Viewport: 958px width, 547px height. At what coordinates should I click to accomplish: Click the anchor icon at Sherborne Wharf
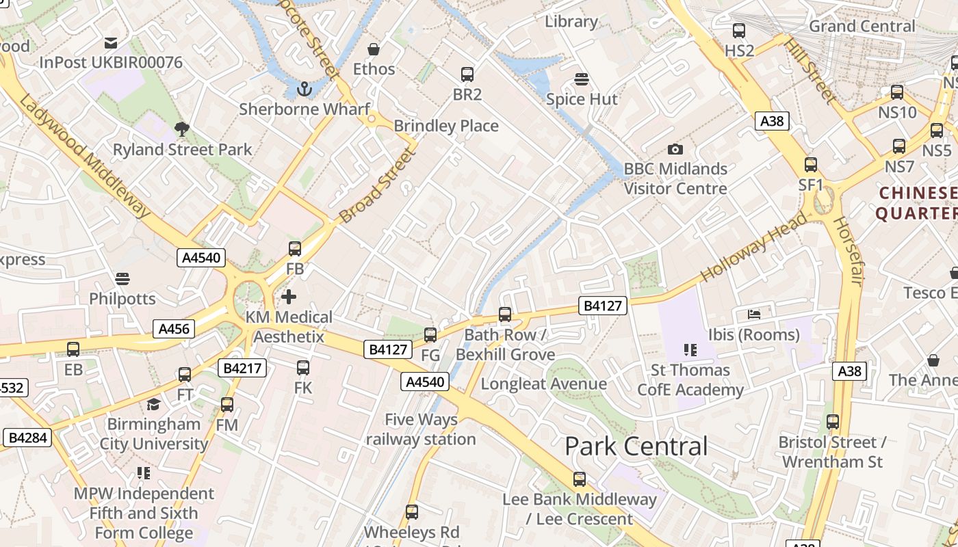tap(304, 89)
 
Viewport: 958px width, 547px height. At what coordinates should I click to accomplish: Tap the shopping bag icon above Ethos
tap(374, 49)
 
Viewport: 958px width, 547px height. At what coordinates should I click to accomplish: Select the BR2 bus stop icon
tap(467, 75)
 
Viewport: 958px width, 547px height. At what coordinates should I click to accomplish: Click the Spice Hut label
tap(582, 99)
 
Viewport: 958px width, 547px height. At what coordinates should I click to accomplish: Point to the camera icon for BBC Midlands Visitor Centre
tap(675, 149)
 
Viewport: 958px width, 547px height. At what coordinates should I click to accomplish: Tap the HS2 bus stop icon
tap(739, 31)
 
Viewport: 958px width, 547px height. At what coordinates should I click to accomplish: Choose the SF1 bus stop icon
tap(811, 165)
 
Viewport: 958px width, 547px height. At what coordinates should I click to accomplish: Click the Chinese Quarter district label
tap(917, 203)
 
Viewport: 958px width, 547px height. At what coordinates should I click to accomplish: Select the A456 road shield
tap(173, 329)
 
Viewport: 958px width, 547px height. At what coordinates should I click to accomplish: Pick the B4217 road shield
tap(242, 368)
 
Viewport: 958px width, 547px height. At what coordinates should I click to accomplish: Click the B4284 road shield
tap(28, 437)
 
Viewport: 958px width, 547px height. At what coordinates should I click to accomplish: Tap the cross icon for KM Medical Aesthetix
tap(289, 297)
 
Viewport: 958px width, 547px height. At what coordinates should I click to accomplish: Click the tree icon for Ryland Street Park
tap(182, 129)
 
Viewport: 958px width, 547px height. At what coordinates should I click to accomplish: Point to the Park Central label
tap(636, 446)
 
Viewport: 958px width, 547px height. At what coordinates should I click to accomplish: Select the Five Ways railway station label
tap(421, 429)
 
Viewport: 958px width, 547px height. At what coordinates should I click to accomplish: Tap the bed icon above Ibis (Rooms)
tap(753, 315)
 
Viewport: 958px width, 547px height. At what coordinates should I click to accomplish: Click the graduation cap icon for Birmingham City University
tap(153, 404)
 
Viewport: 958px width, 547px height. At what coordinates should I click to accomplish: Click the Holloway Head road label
tap(755, 248)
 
